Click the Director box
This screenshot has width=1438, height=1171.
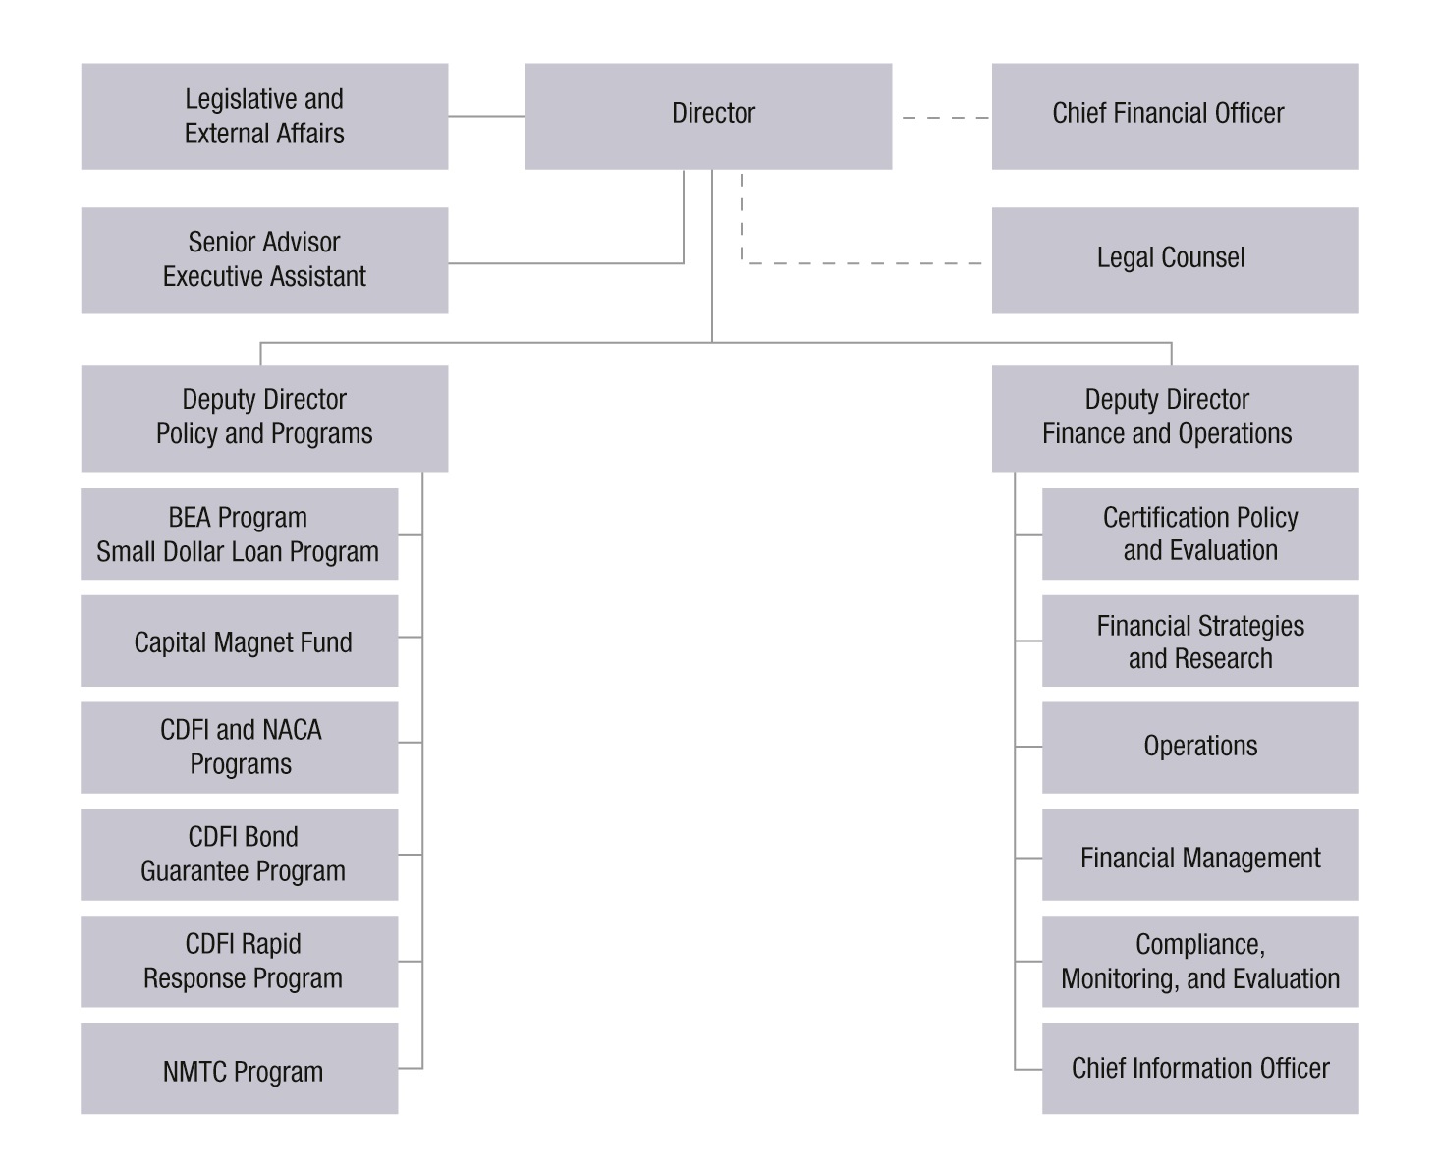[x=708, y=116]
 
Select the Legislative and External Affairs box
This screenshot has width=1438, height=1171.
[x=264, y=116]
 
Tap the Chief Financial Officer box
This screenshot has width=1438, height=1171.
[x=1175, y=116]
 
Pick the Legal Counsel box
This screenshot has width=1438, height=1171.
[x=1175, y=259]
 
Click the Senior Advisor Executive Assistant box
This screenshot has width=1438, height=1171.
[x=264, y=259]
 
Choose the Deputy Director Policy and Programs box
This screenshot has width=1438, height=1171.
[x=264, y=418]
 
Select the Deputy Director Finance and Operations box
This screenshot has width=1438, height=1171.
[x=1175, y=418]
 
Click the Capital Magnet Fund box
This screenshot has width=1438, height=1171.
[x=239, y=641]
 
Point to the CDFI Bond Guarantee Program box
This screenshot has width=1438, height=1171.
[x=239, y=854]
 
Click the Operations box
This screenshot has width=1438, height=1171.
[x=1200, y=747]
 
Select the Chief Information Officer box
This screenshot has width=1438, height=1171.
[x=1200, y=1068]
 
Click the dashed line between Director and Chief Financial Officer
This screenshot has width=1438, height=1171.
[x=944, y=118]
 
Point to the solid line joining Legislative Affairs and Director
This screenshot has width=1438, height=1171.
[x=486, y=116]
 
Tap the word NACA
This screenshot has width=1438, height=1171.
[x=290, y=730]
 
